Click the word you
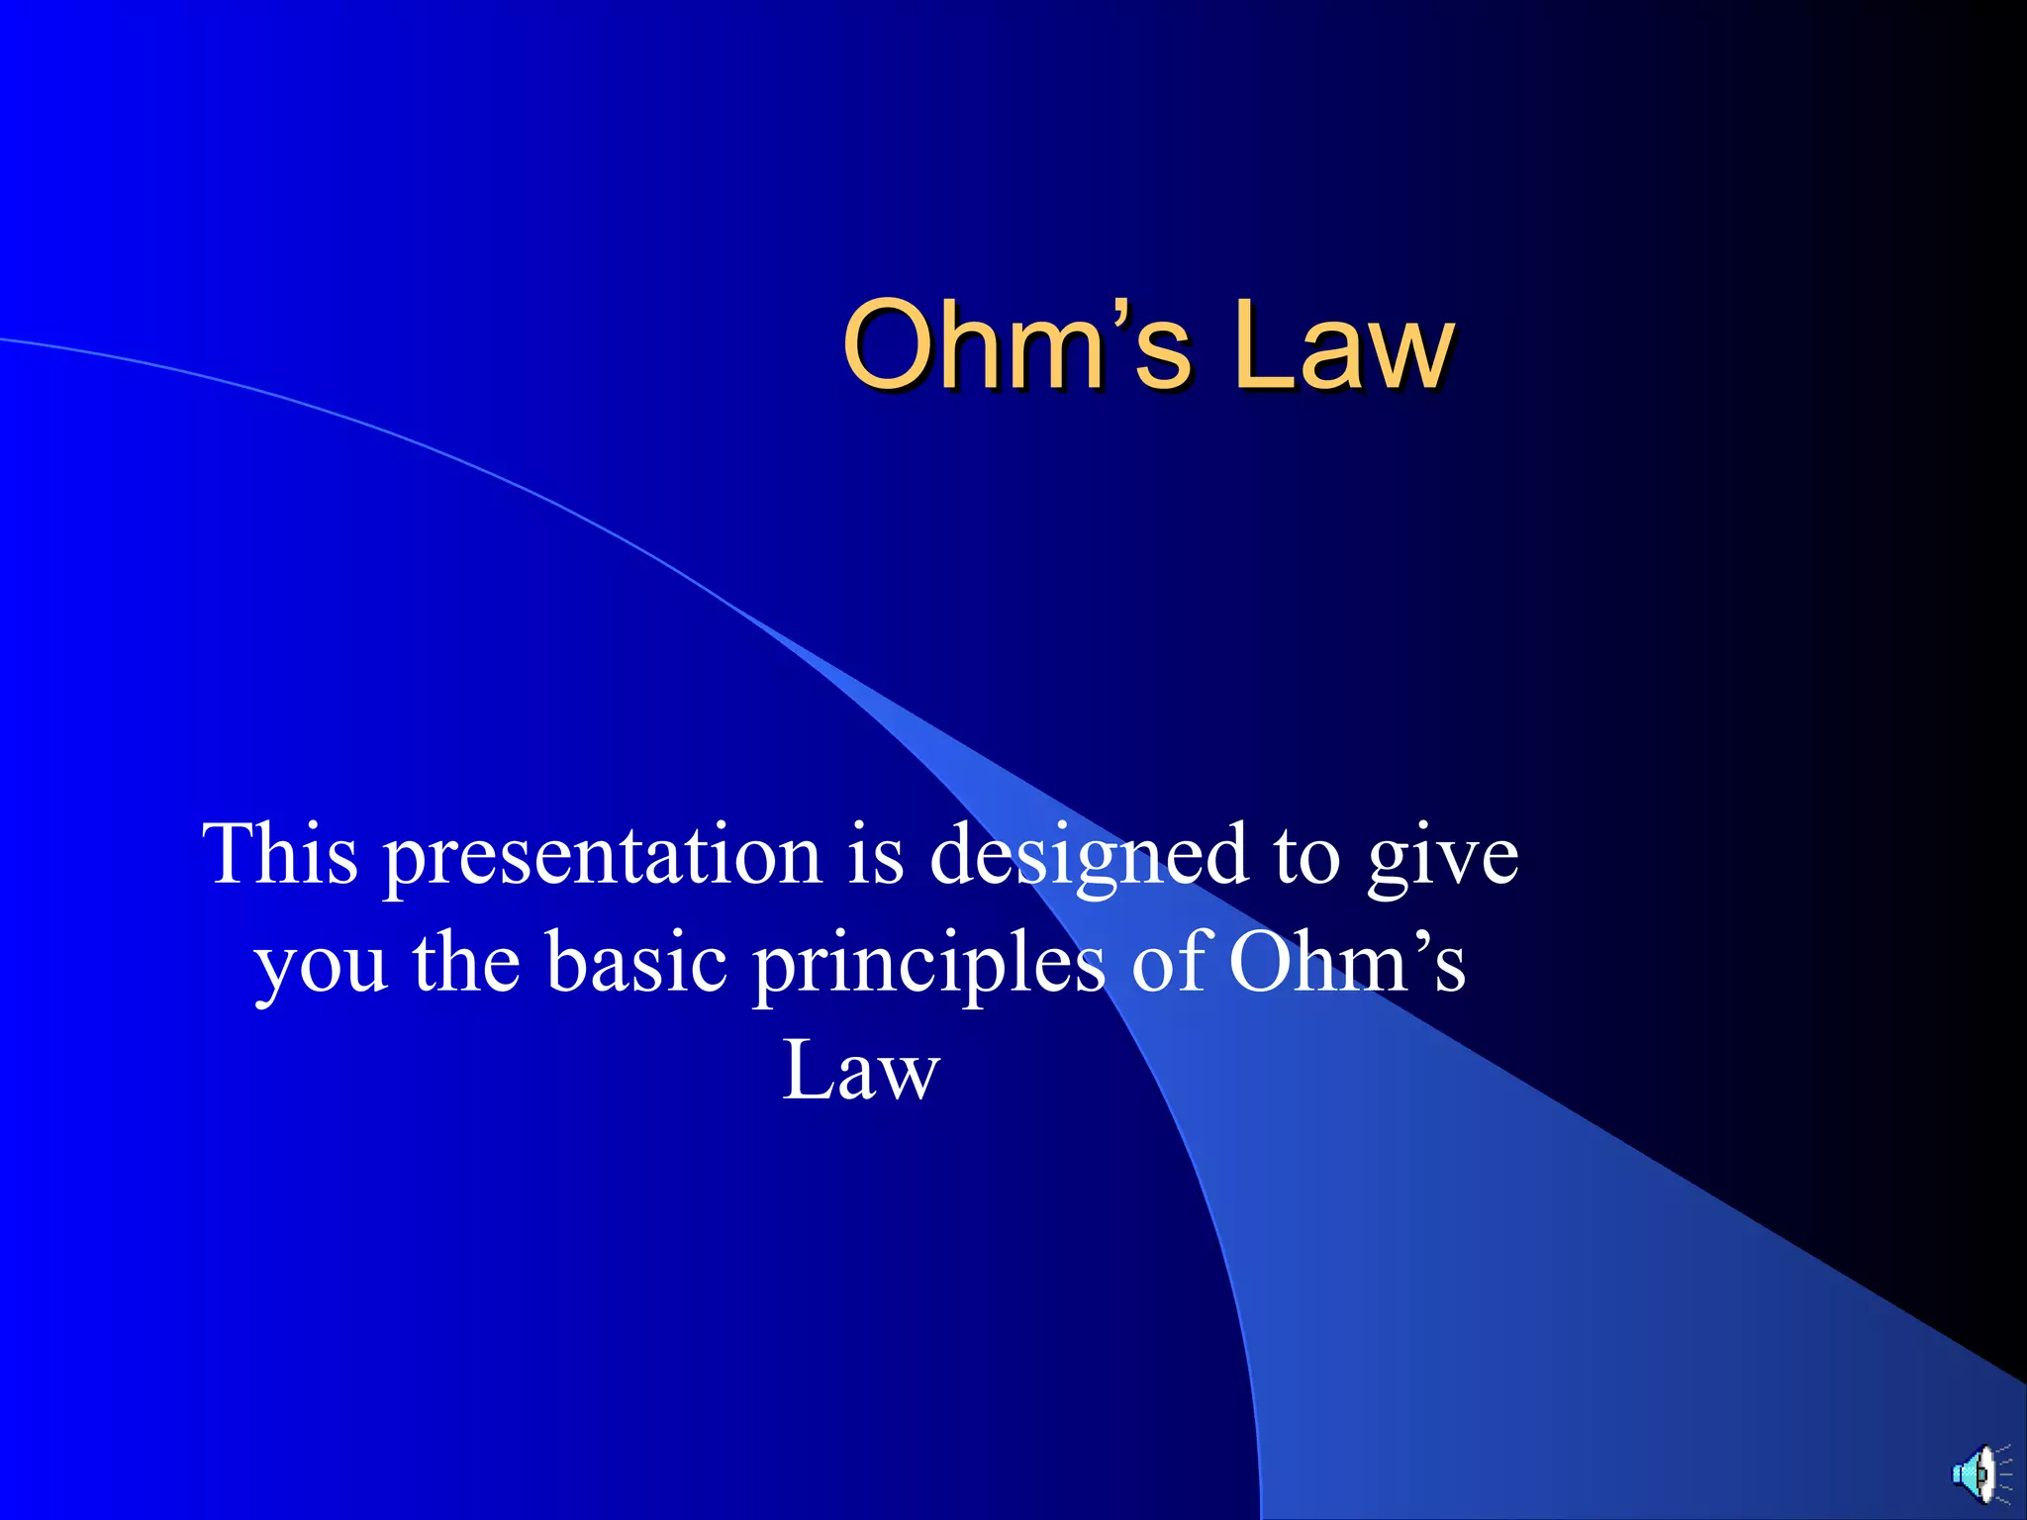click(321, 966)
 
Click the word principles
click(928, 966)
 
